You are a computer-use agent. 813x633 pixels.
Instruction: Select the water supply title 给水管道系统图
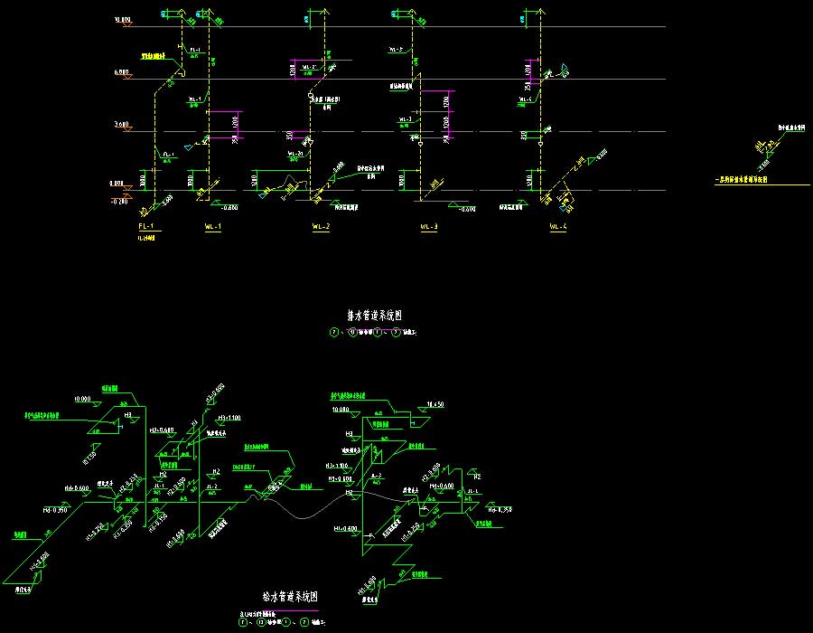pyautogui.click(x=290, y=597)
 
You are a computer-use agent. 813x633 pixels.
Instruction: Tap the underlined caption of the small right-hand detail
pyautogui.click(x=741, y=179)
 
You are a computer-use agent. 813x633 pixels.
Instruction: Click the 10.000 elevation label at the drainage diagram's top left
pyautogui.click(x=123, y=19)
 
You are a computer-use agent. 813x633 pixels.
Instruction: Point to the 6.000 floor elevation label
pyautogui.click(x=123, y=71)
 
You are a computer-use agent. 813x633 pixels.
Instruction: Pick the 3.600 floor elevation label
pyautogui.click(x=123, y=124)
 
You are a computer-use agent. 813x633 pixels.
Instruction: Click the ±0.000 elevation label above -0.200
pyautogui.click(x=118, y=184)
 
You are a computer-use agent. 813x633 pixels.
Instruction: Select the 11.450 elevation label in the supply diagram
pyautogui.click(x=435, y=404)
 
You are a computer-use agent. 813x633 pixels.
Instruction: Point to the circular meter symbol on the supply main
pyautogui.click(x=275, y=488)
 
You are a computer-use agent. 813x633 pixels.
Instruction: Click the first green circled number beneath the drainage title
pyautogui.click(x=336, y=333)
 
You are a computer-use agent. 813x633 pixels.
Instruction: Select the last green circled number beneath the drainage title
pyautogui.click(x=395, y=333)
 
